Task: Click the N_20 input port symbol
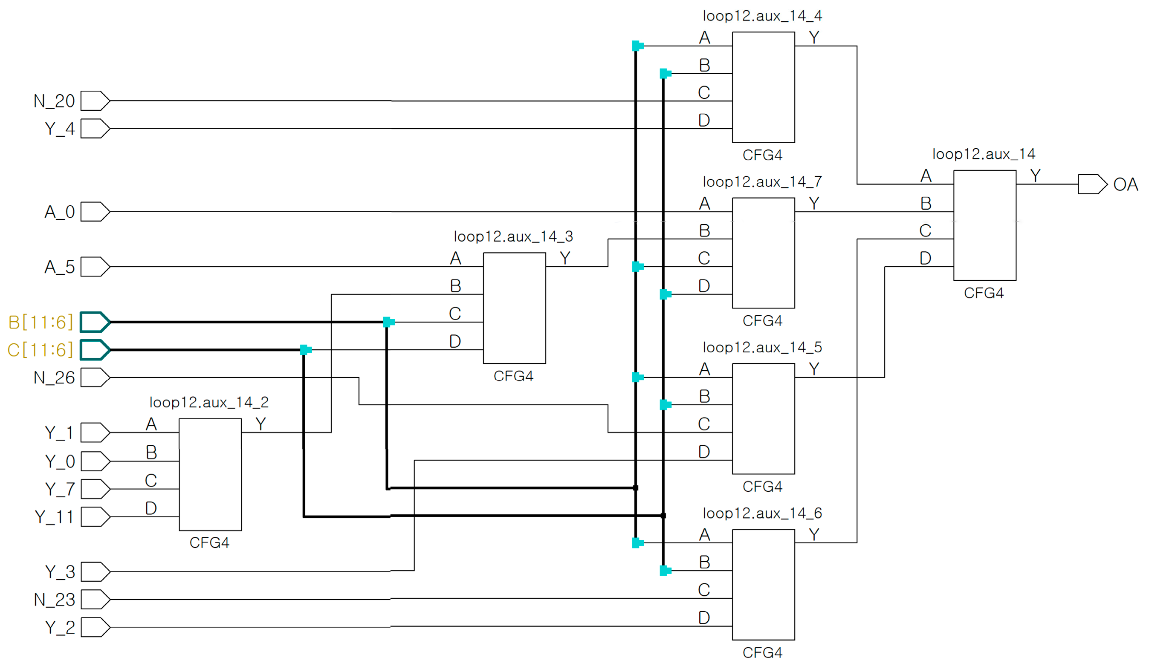point(95,101)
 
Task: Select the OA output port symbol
point(1092,184)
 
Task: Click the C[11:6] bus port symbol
point(95,350)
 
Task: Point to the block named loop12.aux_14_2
point(210,474)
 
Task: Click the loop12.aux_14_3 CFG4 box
point(514,308)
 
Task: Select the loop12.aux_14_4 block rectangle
point(763,87)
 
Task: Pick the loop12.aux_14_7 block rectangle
point(763,253)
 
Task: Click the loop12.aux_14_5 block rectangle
point(763,418)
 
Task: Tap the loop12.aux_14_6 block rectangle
point(763,585)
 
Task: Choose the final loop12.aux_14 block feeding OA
point(984,225)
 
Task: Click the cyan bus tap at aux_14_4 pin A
point(637,46)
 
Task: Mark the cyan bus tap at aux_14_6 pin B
point(665,570)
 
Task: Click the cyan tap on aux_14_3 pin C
point(388,322)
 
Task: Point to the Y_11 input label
point(54,517)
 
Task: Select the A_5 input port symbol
point(95,266)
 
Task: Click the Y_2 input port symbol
point(95,627)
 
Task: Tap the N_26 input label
point(54,378)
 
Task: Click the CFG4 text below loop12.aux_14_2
point(209,542)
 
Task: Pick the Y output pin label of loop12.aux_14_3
point(565,258)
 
